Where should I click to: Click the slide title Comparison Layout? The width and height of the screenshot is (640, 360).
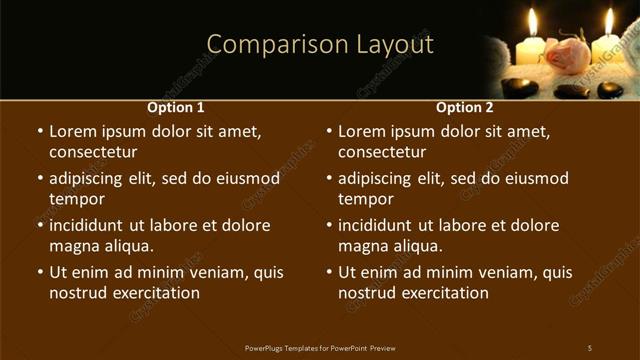pos(320,45)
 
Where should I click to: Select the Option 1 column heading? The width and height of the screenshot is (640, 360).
pos(176,107)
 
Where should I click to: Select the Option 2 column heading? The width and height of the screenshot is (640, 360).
pos(465,107)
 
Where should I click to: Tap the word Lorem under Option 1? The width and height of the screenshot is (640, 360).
pos(73,131)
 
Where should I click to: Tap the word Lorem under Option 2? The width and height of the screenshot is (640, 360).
pos(362,131)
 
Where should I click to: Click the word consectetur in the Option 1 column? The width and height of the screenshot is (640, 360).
pos(93,152)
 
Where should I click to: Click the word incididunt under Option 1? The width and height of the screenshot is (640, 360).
pos(91,225)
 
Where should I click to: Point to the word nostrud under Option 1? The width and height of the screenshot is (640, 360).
pos(77,293)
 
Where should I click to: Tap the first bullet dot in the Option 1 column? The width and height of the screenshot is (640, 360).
pos(39,131)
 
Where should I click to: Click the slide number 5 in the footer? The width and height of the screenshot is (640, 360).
pos(590,348)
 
